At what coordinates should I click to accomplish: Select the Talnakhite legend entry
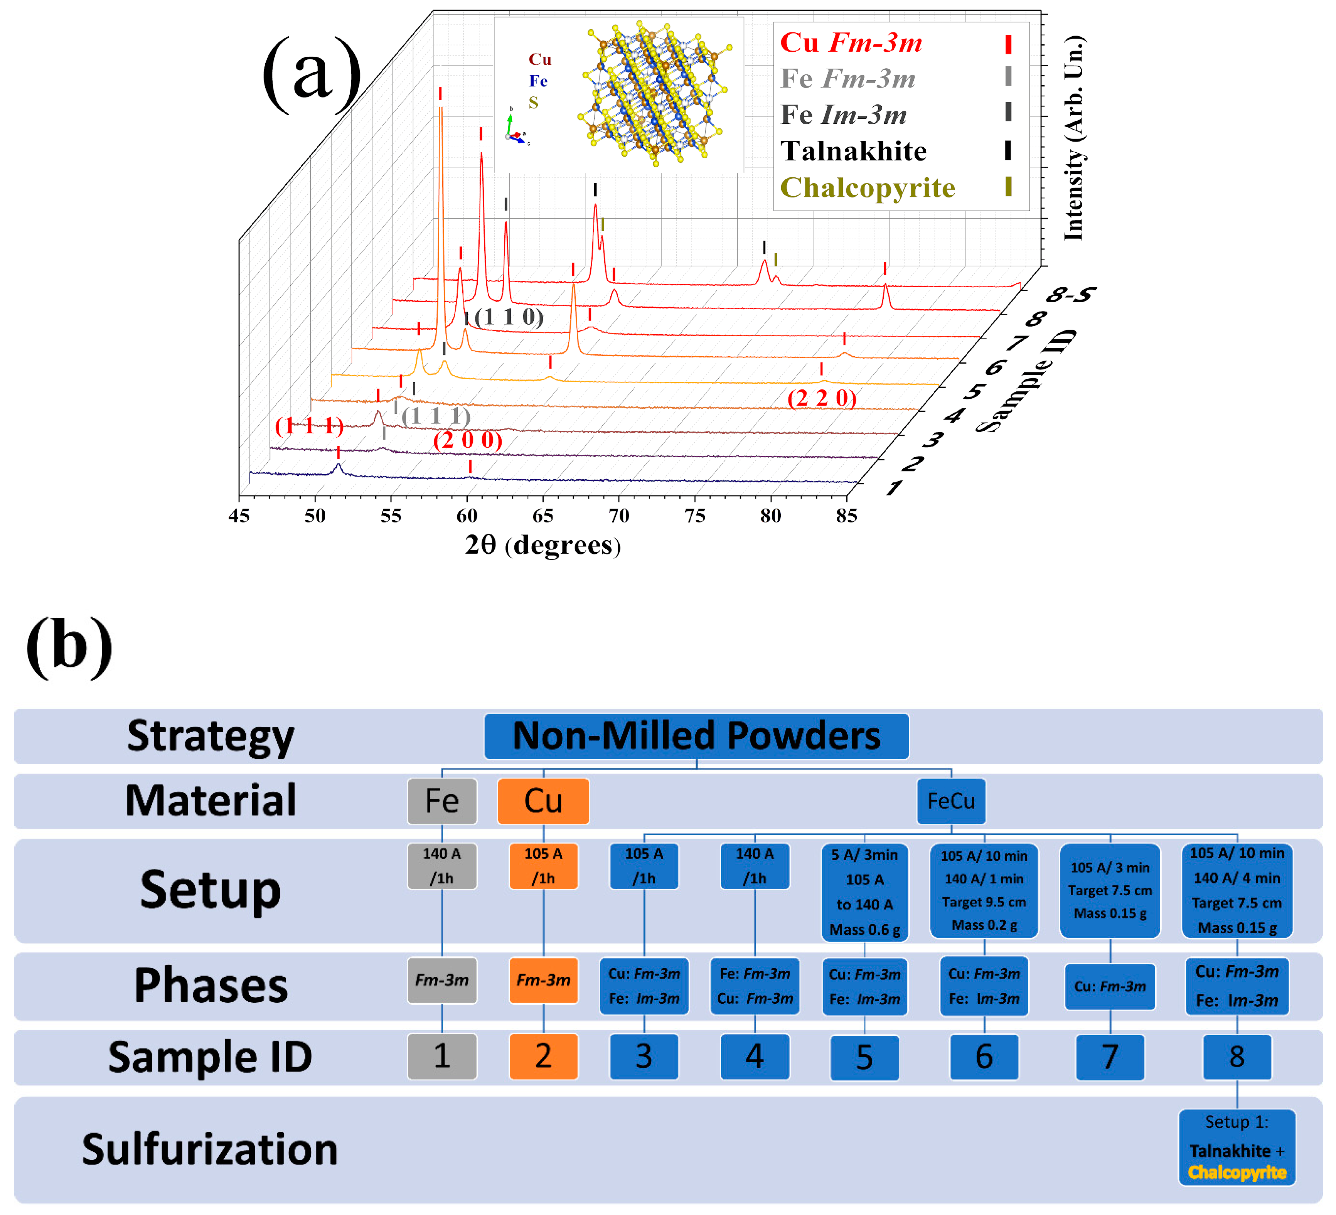point(854,151)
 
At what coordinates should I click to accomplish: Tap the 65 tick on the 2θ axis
point(543,516)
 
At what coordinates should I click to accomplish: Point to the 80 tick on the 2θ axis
point(770,516)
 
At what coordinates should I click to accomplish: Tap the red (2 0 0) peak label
point(467,440)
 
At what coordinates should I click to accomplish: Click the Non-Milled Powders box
point(696,736)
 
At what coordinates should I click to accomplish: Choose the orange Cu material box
point(543,801)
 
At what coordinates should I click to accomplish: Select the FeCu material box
point(950,801)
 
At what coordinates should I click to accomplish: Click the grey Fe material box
point(441,801)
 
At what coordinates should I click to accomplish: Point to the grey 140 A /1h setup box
point(441,866)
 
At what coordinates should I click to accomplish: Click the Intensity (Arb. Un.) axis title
point(1073,138)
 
